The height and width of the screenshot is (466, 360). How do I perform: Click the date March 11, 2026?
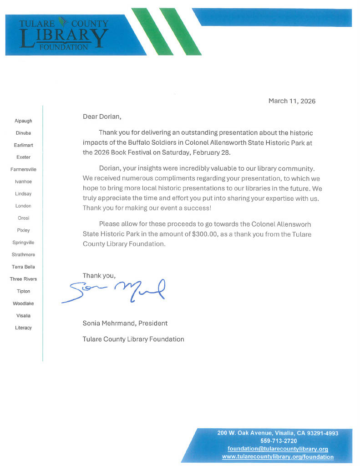tap(292, 101)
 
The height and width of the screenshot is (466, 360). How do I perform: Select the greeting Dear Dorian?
tap(102, 116)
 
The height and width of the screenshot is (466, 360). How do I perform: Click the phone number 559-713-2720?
tap(279, 441)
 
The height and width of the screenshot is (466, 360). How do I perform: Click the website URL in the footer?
tap(278, 456)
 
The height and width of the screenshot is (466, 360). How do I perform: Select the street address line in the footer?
tap(278, 433)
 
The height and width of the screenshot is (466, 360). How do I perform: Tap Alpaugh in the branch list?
tap(23, 121)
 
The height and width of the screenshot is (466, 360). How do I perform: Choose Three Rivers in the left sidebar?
tap(23, 279)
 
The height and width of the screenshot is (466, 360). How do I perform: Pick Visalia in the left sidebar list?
tap(23, 315)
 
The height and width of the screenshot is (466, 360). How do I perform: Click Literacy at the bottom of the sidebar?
tap(23, 328)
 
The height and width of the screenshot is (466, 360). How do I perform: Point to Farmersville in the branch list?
tap(23, 169)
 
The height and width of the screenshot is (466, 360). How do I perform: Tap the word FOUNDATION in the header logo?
tap(64, 47)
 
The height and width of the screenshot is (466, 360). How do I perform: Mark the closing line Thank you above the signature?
tap(99, 275)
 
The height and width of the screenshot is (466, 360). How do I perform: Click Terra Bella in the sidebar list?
tap(23, 267)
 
